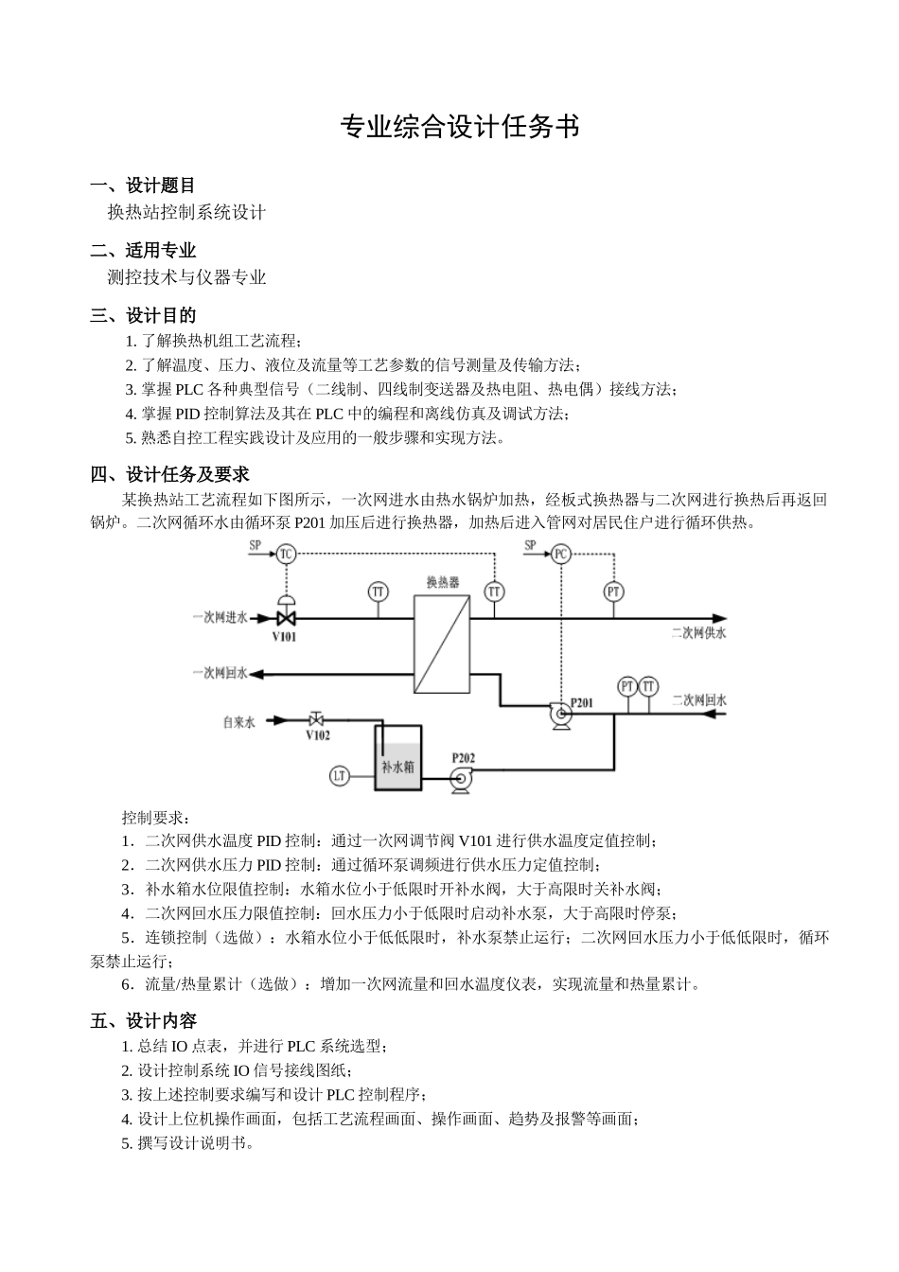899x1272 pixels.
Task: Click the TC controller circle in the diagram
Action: (286, 554)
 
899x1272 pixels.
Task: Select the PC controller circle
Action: (561, 554)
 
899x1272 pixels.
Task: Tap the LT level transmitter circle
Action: (340, 776)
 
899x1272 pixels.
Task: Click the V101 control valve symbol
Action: (285, 617)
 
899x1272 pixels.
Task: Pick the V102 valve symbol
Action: (316, 719)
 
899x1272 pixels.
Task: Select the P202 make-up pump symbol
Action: (461, 779)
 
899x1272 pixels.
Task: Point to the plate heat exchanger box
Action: (442, 645)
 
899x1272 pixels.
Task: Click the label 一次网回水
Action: (220, 673)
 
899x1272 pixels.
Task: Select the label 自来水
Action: (238, 721)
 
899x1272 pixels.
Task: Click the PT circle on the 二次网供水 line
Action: (614, 592)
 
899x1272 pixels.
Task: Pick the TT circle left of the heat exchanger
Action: (378, 592)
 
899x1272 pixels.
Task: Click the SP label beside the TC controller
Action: (255, 545)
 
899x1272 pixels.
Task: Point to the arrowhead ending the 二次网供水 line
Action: (720, 617)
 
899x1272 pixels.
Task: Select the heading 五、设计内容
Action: (143, 1020)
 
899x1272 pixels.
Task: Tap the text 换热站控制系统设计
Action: (186, 212)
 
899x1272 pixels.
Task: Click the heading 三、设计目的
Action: (143, 315)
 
